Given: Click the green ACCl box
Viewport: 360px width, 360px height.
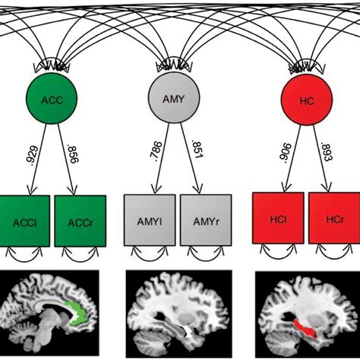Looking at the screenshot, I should pos(23,220).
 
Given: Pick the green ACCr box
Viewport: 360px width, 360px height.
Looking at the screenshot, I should pos(80,220).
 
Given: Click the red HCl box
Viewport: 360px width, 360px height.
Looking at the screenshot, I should pos(277,220).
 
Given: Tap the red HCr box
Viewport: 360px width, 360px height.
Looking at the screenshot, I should pos(333,220).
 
